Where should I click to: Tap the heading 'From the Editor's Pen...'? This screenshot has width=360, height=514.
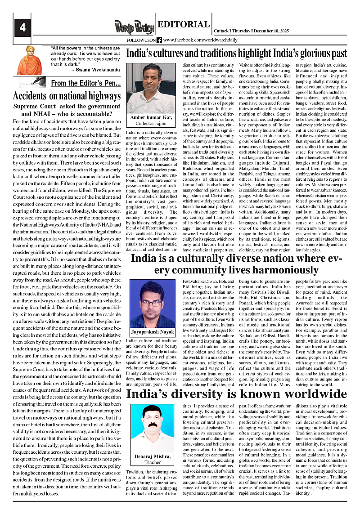(85, 83)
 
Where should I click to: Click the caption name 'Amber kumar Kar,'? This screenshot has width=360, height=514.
(150, 118)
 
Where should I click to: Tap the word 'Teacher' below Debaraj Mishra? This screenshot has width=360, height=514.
(153, 462)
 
